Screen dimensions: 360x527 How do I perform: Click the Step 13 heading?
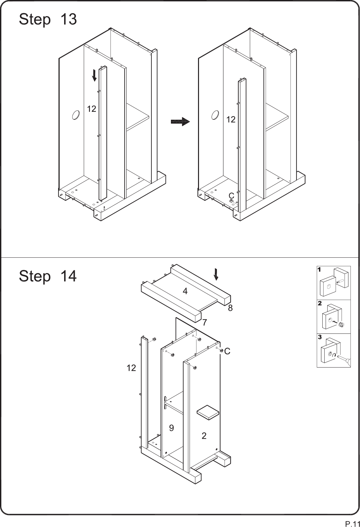[48, 20]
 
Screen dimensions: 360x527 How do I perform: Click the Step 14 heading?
[48, 276]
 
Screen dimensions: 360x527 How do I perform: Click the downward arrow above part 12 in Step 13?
[94, 75]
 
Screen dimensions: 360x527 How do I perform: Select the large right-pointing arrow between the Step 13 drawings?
[180, 122]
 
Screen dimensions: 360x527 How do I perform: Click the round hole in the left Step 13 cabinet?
[76, 115]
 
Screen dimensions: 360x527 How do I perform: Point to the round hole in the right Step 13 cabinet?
[215, 115]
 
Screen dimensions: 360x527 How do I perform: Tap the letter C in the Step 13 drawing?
[231, 196]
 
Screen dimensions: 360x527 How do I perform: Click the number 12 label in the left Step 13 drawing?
[92, 109]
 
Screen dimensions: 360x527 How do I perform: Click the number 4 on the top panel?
[185, 291]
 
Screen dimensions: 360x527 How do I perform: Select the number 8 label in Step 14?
[230, 308]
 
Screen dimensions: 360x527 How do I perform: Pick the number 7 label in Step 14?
[205, 322]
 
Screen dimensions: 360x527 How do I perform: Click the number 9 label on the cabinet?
[172, 428]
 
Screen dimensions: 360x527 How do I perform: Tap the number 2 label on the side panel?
[204, 436]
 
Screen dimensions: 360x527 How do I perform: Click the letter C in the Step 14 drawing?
[227, 351]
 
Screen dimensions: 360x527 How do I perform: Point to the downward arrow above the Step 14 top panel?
[216, 275]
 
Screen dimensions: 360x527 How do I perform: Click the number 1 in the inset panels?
[319, 270]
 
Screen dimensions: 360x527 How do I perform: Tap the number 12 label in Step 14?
[131, 368]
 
